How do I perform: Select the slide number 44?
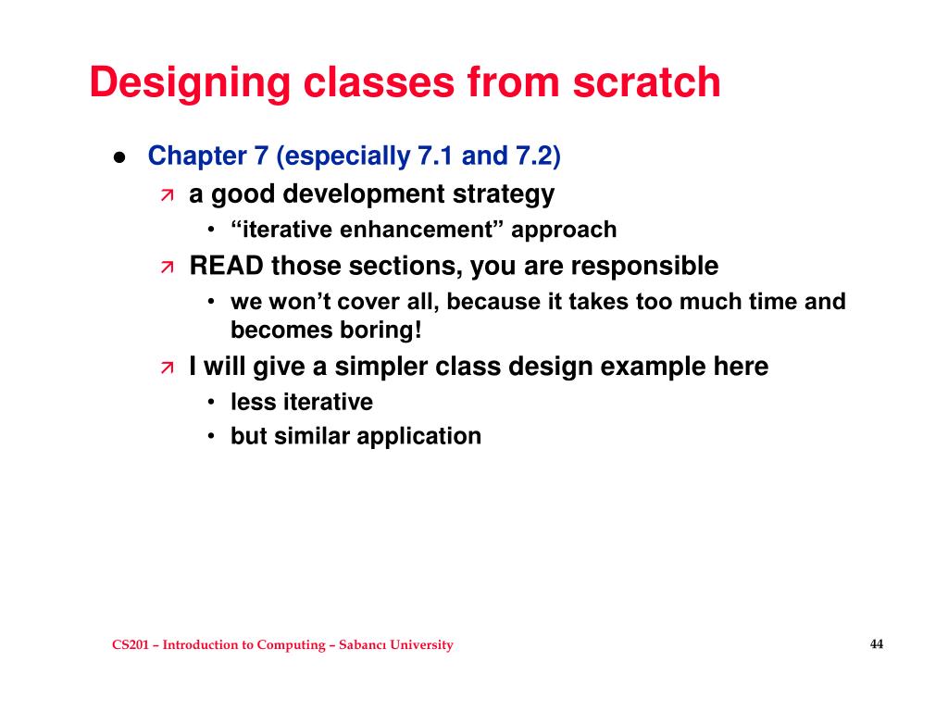click(x=877, y=644)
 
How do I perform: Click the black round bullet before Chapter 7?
click(x=119, y=157)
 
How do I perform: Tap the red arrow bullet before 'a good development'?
click(x=167, y=195)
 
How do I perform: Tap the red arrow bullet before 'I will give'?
click(x=167, y=368)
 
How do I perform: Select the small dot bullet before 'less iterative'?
click(x=212, y=403)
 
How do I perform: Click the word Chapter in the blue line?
click(x=194, y=156)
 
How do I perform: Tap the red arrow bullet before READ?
click(x=167, y=268)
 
